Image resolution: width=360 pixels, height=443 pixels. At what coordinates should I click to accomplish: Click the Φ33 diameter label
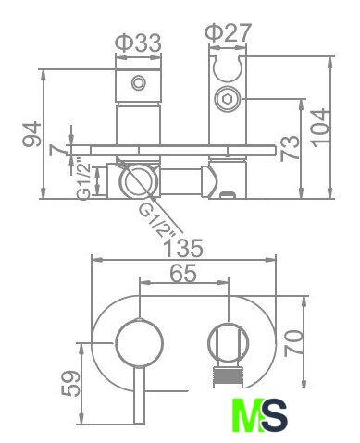click(x=138, y=43)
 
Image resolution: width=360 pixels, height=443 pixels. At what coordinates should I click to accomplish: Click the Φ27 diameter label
click(x=229, y=31)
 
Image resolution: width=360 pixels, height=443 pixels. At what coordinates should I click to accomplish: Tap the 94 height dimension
click(x=32, y=134)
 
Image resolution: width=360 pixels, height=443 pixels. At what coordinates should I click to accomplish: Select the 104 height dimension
click(x=319, y=128)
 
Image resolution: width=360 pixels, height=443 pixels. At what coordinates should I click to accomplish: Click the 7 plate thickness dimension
click(x=58, y=150)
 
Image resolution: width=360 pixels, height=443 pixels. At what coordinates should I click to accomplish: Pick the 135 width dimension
click(x=183, y=248)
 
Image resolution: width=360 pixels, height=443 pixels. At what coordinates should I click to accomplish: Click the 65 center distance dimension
click(x=183, y=273)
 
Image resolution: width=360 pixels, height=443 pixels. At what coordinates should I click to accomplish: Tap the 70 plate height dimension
click(x=293, y=343)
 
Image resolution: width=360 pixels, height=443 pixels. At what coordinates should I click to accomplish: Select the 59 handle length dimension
click(x=70, y=383)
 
